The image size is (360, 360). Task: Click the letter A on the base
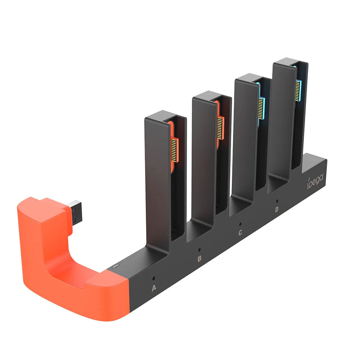point(154,288)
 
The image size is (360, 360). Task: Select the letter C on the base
point(240,233)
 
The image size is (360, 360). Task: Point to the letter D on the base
point(276,210)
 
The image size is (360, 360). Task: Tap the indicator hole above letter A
point(154,278)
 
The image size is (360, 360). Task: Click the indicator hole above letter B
point(199,249)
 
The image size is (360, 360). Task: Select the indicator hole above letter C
point(240,224)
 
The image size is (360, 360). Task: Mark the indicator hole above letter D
point(276,201)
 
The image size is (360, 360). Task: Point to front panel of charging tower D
point(282,119)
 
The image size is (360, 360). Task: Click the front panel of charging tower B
point(204,158)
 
